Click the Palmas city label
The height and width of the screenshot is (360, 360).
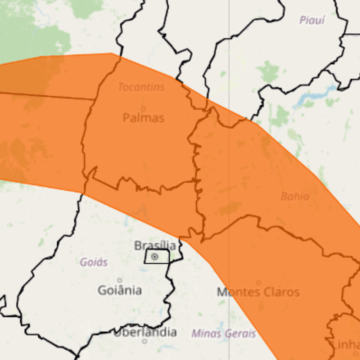(x=143, y=117)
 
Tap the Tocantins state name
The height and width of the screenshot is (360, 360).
(x=140, y=87)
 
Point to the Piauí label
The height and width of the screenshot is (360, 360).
(x=312, y=19)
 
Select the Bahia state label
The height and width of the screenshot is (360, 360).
(x=295, y=196)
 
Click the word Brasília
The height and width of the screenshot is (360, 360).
(x=155, y=244)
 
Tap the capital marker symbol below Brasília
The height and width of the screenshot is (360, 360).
(x=155, y=257)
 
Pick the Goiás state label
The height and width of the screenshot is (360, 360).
(x=94, y=262)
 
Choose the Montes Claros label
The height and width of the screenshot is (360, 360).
(x=250, y=292)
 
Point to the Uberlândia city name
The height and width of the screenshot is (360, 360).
(x=146, y=331)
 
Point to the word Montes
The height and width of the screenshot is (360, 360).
(x=233, y=292)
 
